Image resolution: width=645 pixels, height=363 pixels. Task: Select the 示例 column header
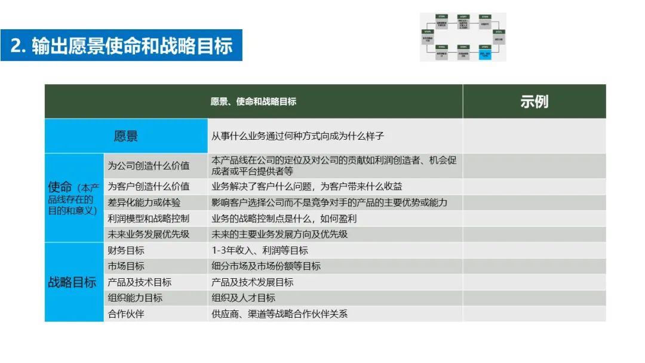click(534, 101)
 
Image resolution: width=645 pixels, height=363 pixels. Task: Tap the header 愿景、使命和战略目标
click(253, 101)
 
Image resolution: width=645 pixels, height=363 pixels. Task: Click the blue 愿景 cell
click(126, 136)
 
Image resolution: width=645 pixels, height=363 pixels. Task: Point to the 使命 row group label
click(74, 198)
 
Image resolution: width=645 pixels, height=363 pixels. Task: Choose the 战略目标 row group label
click(72, 282)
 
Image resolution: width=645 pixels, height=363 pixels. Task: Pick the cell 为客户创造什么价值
click(149, 186)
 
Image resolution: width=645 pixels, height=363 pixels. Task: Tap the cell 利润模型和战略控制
click(149, 219)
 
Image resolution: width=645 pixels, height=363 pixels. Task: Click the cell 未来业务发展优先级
click(149, 235)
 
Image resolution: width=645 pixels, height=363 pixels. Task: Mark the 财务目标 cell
click(126, 250)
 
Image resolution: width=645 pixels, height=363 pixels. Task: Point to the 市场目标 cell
click(126, 266)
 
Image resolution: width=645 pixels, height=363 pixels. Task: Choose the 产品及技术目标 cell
click(140, 282)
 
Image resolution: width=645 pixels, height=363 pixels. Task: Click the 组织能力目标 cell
click(135, 298)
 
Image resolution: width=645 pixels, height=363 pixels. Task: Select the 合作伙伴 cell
click(126, 313)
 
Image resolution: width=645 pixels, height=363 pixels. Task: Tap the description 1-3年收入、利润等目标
click(260, 250)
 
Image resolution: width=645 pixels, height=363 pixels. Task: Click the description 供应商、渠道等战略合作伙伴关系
click(279, 313)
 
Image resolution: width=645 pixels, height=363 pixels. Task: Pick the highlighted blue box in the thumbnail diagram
click(483, 54)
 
